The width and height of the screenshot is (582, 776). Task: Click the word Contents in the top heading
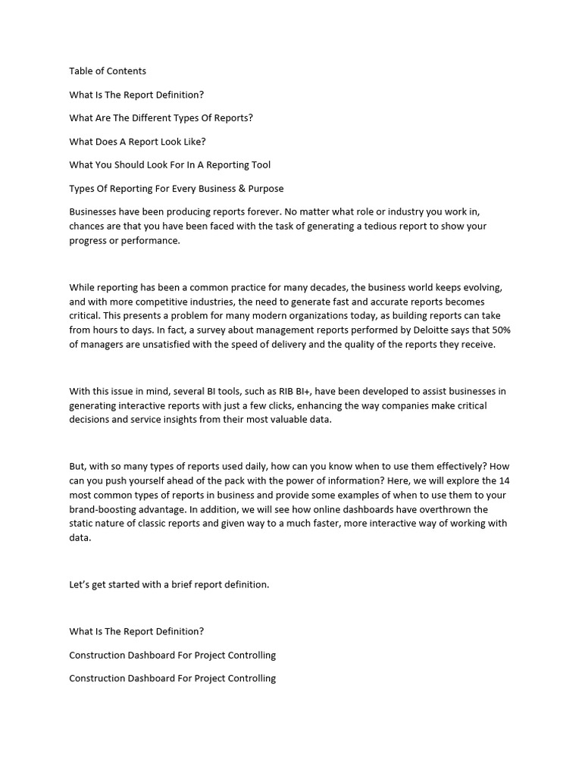click(x=126, y=71)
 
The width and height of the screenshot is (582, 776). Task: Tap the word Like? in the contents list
click(x=193, y=142)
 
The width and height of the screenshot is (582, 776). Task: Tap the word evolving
click(x=482, y=288)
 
